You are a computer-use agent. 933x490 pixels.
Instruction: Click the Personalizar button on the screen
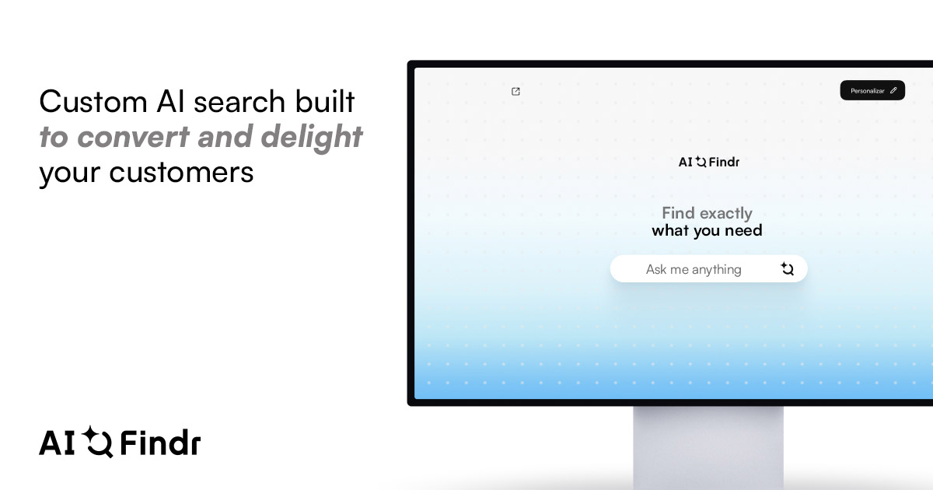[872, 90]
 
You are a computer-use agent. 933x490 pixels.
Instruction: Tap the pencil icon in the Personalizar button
[893, 90]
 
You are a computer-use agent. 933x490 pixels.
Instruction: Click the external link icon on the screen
[515, 91]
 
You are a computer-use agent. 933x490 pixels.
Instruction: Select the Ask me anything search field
[693, 269]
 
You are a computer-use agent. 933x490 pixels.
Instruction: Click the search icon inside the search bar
[788, 269]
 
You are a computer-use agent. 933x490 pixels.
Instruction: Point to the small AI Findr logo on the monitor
[708, 162]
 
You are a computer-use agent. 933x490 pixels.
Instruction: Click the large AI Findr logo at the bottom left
[120, 443]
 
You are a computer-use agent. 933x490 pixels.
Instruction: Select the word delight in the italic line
[311, 137]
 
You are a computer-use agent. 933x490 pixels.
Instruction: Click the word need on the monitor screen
[743, 230]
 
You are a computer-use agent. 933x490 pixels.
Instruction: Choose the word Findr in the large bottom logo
[160, 443]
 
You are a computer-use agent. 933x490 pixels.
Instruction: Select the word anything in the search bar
[717, 270]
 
